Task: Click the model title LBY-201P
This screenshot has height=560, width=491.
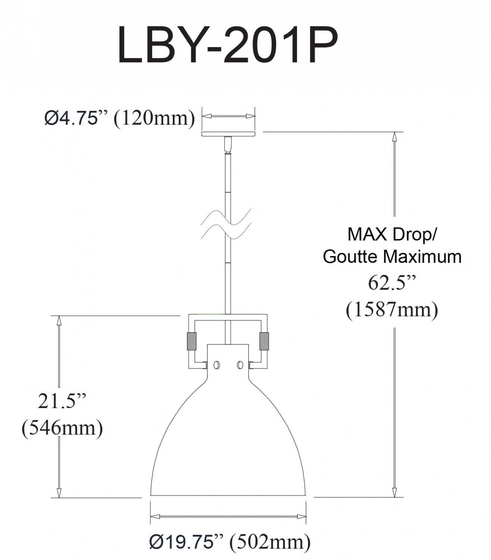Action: click(x=227, y=45)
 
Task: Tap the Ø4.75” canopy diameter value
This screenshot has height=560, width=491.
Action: click(x=72, y=118)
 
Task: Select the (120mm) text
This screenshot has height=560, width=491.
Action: click(x=154, y=119)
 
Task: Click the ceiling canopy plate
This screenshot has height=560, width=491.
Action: click(x=228, y=134)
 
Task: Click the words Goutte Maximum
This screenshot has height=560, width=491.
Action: click(x=392, y=256)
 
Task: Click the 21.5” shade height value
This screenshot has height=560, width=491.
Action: click(x=62, y=401)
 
